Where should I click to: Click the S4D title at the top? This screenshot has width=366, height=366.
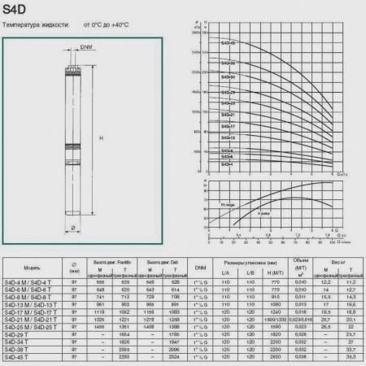pyautogui.click(x=19, y=11)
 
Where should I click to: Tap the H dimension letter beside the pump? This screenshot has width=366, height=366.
pyautogui.click(x=100, y=138)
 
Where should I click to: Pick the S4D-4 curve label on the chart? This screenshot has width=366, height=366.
pyautogui.click(x=226, y=164)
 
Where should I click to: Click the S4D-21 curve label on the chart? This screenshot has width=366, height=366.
pyautogui.click(x=228, y=115)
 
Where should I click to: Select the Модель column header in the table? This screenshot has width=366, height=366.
pyautogui.click(x=33, y=266)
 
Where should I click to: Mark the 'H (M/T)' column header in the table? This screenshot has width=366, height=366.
pyautogui.click(x=276, y=272)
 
